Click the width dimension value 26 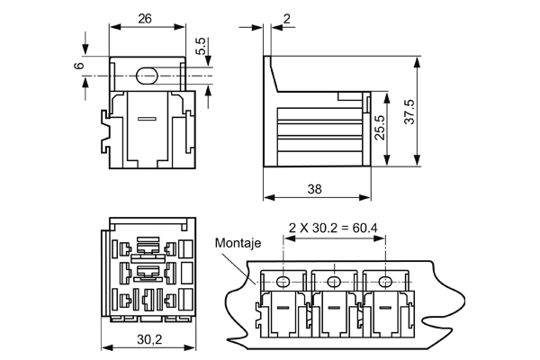pos(144,18)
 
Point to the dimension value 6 pos(79,66)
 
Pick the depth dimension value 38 pos(313,189)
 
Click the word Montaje pos(238,243)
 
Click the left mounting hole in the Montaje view pos(283,283)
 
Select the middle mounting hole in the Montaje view pos(335,283)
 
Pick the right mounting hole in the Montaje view pos(386,283)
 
